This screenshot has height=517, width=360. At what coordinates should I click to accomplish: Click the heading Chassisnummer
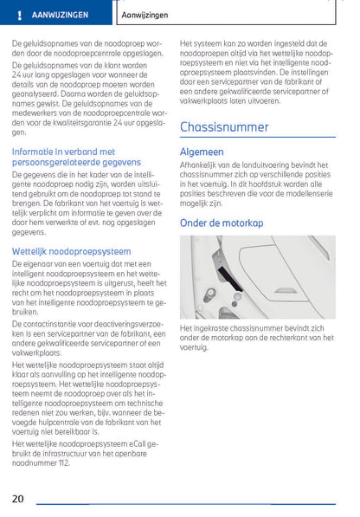pyautogui.click(x=224, y=127)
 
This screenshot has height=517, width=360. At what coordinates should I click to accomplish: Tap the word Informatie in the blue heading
pyautogui.click(x=36, y=151)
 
